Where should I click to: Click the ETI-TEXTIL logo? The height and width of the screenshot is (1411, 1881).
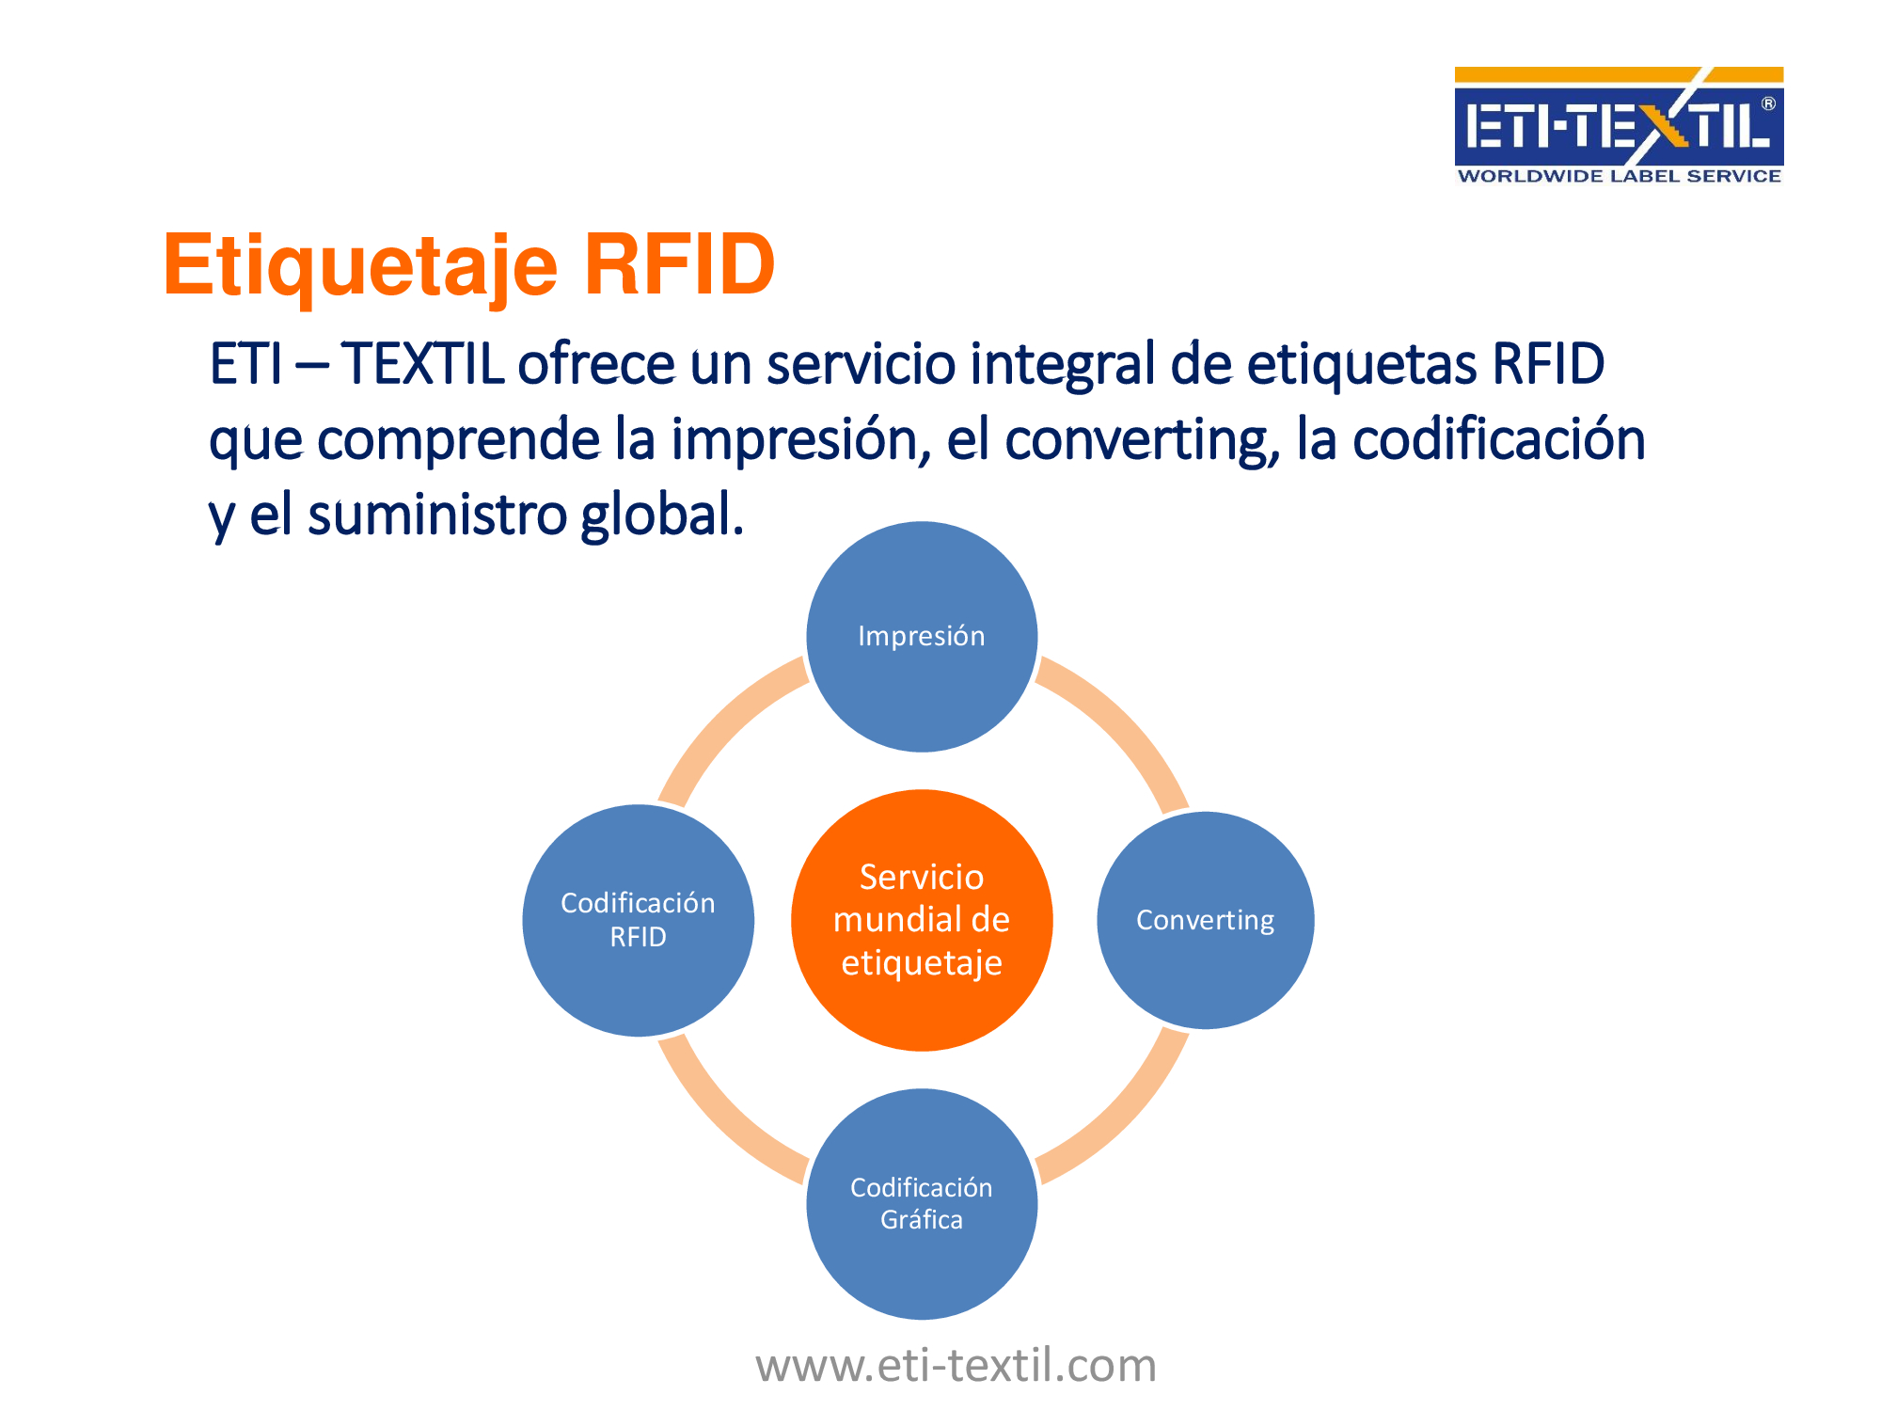tap(1619, 126)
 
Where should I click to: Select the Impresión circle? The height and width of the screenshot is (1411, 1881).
tap(922, 637)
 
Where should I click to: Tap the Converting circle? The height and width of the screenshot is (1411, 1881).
tap(1205, 920)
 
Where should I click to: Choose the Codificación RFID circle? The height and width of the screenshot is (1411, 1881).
tap(639, 920)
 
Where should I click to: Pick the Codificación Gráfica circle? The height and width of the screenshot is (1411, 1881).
tap(922, 1204)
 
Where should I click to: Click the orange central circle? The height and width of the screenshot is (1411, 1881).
tap(922, 920)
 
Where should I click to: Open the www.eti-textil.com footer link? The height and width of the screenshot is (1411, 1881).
tap(956, 1365)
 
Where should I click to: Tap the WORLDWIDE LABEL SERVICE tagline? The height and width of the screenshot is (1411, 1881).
tap(1619, 176)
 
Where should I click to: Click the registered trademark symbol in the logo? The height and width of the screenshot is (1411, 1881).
tap(1768, 103)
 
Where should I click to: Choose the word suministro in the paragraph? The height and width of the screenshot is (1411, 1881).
tap(436, 515)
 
